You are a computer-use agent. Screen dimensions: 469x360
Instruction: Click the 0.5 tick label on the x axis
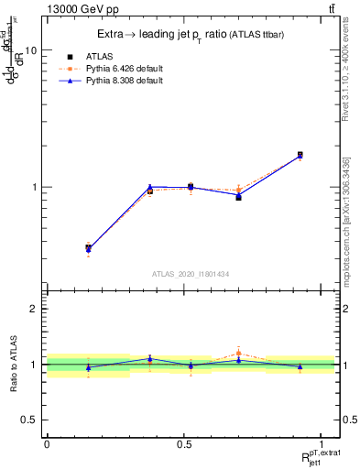coord(184,444)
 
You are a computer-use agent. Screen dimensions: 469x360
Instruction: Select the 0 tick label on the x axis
coord(47,444)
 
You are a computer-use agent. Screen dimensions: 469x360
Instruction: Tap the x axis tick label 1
coord(322,444)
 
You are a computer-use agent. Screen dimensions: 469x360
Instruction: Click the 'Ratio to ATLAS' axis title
coord(12,365)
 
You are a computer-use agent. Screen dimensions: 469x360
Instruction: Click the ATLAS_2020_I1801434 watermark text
coord(191,274)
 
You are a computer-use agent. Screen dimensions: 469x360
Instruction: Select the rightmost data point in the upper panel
coord(300,155)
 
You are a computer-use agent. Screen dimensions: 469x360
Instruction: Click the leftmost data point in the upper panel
coord(88,247)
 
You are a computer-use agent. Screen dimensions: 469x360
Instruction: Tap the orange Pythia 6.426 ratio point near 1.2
coord(238,353)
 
